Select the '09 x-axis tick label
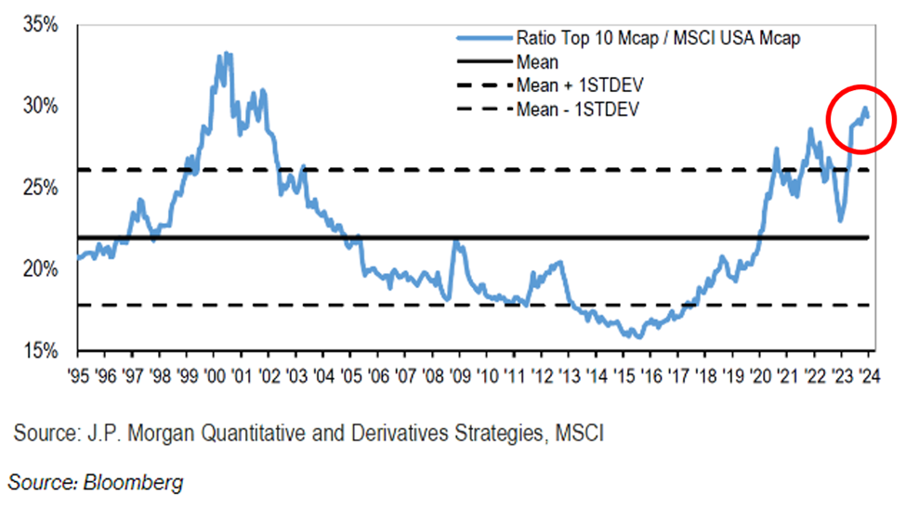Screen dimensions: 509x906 [459, 378]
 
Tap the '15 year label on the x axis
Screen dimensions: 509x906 [624, 378]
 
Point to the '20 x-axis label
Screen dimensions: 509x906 [760, 378]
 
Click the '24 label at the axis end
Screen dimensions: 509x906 [869, 378]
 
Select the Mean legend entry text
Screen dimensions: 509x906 [536, 63]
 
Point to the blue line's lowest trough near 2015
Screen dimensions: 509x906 [637, 336]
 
